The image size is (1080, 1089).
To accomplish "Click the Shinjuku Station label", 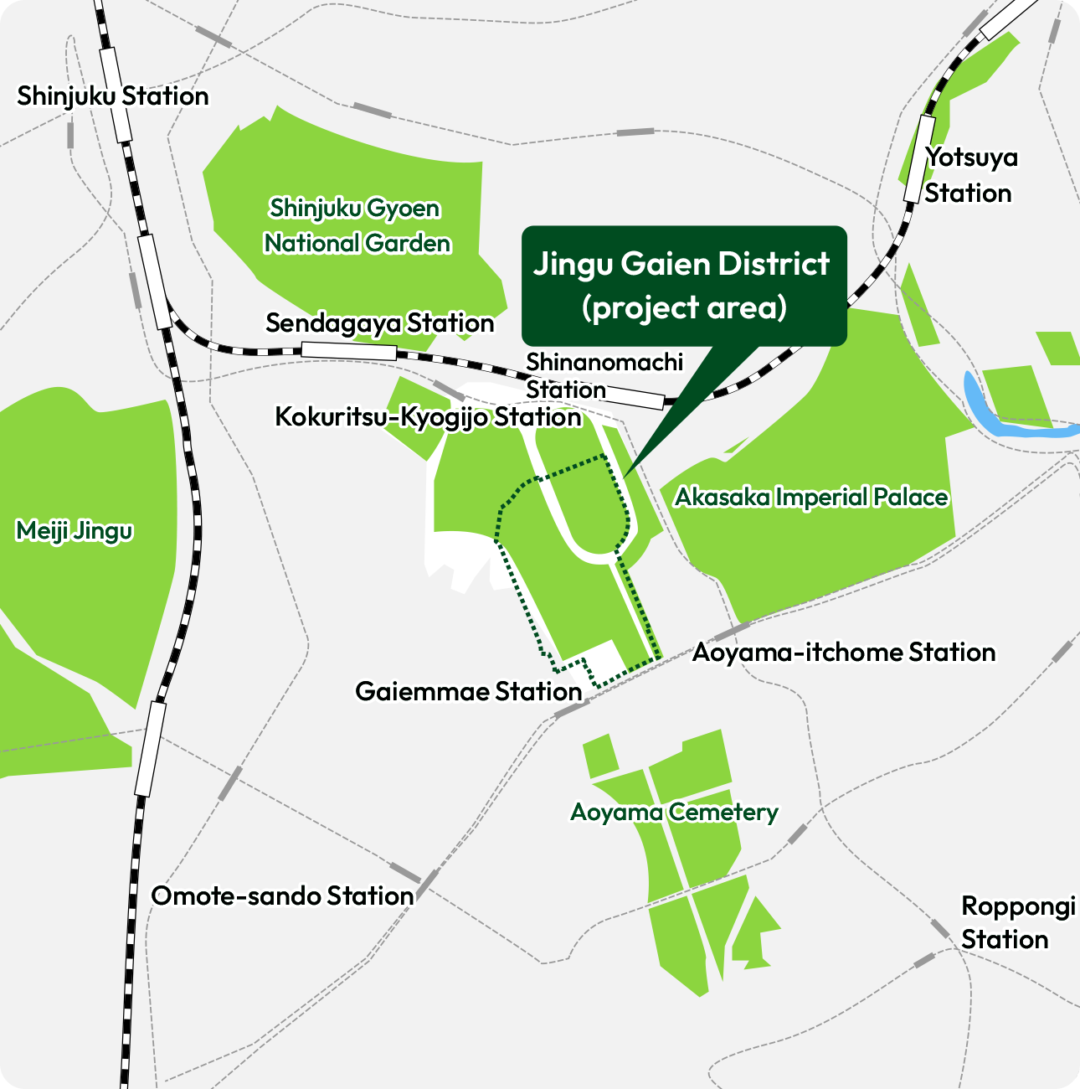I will pyautogui.click(x=113, y=96).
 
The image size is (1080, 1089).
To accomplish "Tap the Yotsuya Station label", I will pyautogui.click(x=969, y=175).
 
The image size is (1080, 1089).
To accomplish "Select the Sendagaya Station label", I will pyautogui.click(x=379, y=323).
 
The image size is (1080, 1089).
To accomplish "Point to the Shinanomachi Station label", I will pyautogui.click(x=604, y=376).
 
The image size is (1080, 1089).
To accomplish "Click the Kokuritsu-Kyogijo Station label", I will pyautogui.click(x=428, y=417).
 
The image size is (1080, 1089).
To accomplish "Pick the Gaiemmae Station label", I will pyautogui.click(x=468, y=692).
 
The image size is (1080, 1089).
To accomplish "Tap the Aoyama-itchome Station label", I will pyautogui.click(x=844, y=653).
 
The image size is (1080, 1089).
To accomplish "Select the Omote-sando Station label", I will pyautogui.click(x=282, y=896).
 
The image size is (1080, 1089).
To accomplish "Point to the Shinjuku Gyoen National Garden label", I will pyautogui.click(x=357, y=226).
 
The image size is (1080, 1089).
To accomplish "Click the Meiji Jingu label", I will pyautogui.click(x=75, y=531).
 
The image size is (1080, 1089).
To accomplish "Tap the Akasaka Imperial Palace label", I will pyautogui.click(x=811, y=498).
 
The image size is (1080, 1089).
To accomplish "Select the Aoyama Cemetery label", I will pyautogui.click(x=674, y=813).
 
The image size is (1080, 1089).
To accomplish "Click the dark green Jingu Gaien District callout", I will pyautogui.click(x=684, y=286).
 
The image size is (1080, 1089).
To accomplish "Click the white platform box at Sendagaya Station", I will pyautogui.click(x=348, y=352).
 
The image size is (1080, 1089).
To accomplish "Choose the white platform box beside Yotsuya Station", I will pyautogui.click(x=919, y=159).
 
